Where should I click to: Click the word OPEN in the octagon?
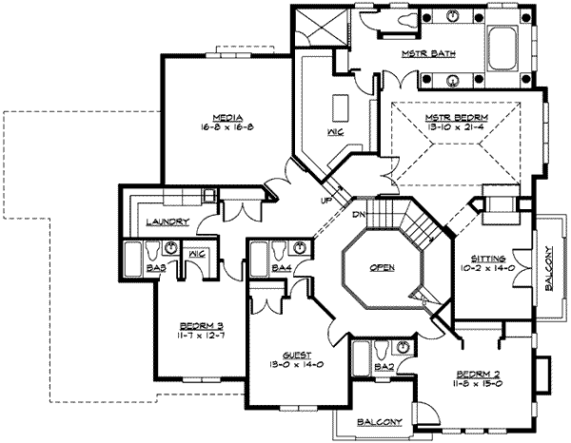(383, 268)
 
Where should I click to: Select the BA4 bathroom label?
(281, 269)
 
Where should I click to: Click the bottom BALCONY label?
(378, 421)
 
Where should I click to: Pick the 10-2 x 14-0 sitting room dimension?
(490, 269)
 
